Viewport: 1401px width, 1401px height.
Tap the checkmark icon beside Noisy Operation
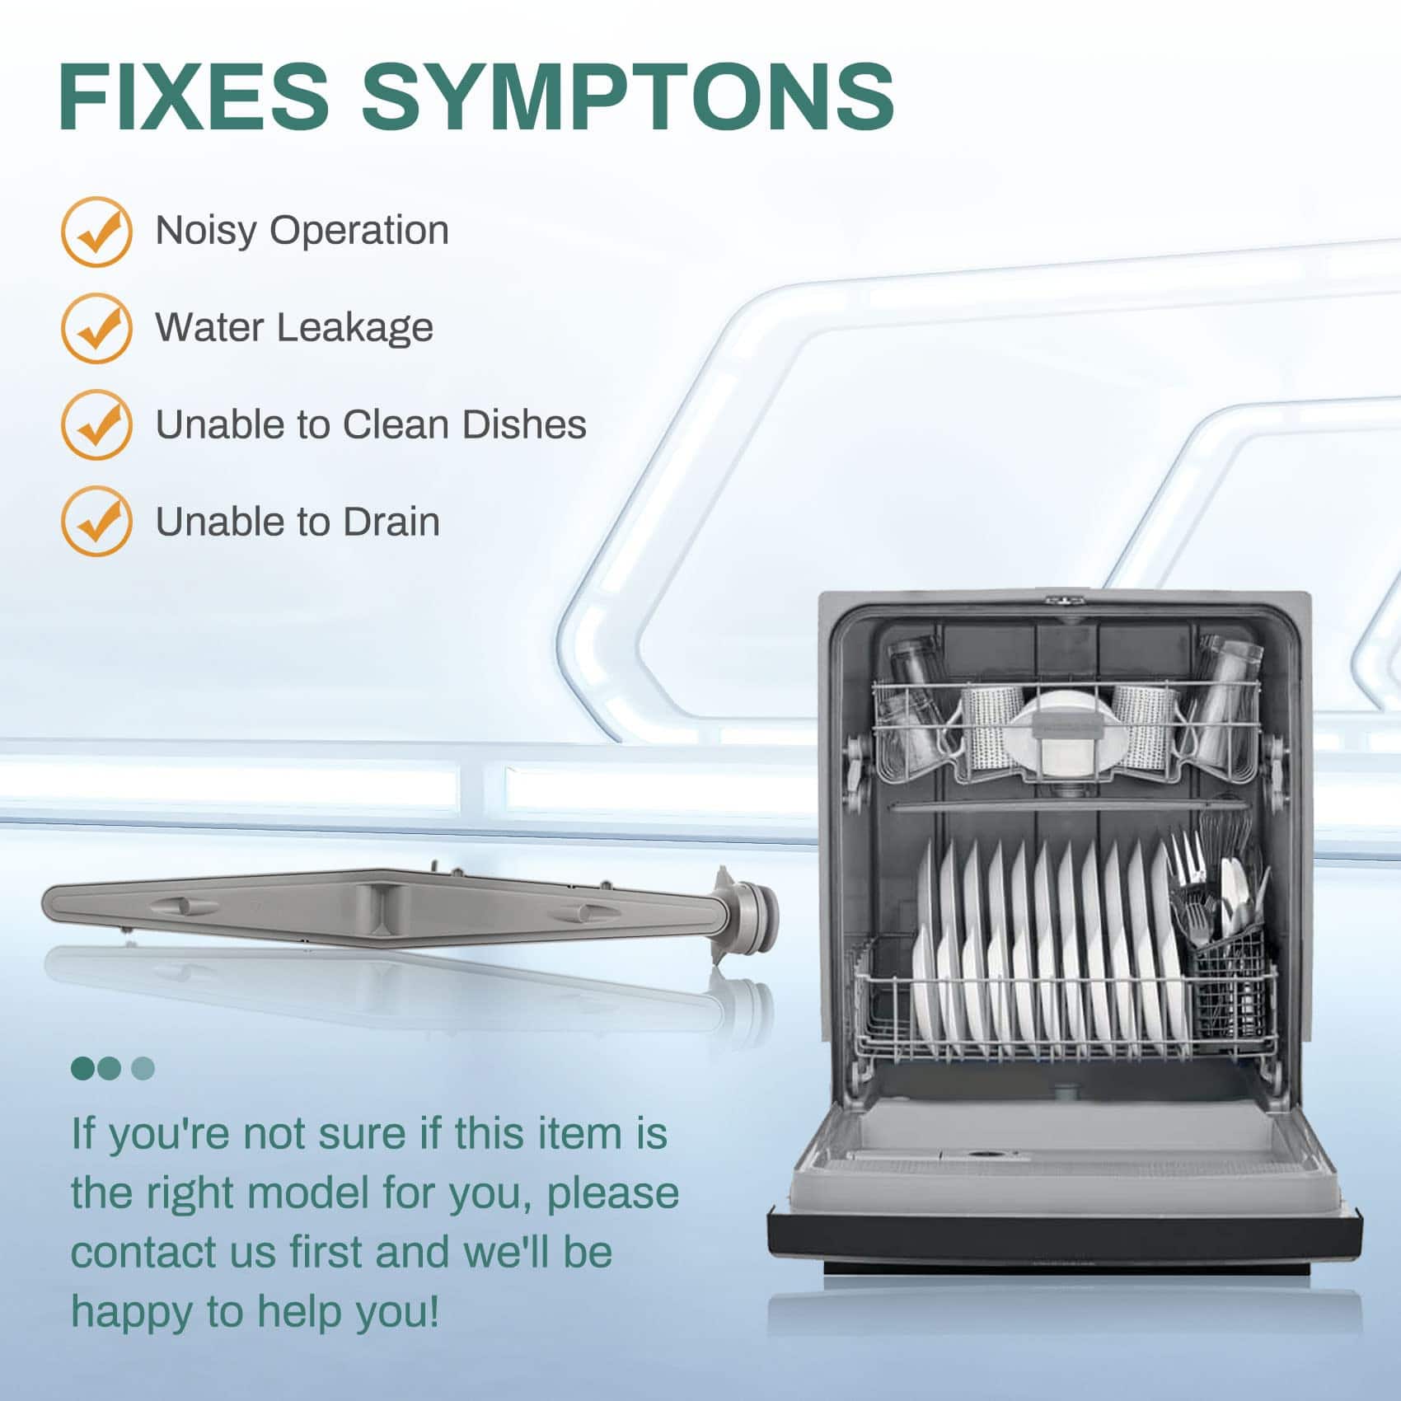[97, 232]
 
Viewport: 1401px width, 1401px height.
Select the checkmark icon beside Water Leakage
[97, 328]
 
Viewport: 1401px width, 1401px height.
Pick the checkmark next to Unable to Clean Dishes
[97, 424]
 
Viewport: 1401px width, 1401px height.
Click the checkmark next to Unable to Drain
[97, 521]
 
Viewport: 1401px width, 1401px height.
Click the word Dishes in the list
[524, 424]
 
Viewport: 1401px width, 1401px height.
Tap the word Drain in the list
[391, 522]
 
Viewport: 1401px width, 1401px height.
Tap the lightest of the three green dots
[143, 1068]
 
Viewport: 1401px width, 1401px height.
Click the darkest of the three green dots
[83, 1068]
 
